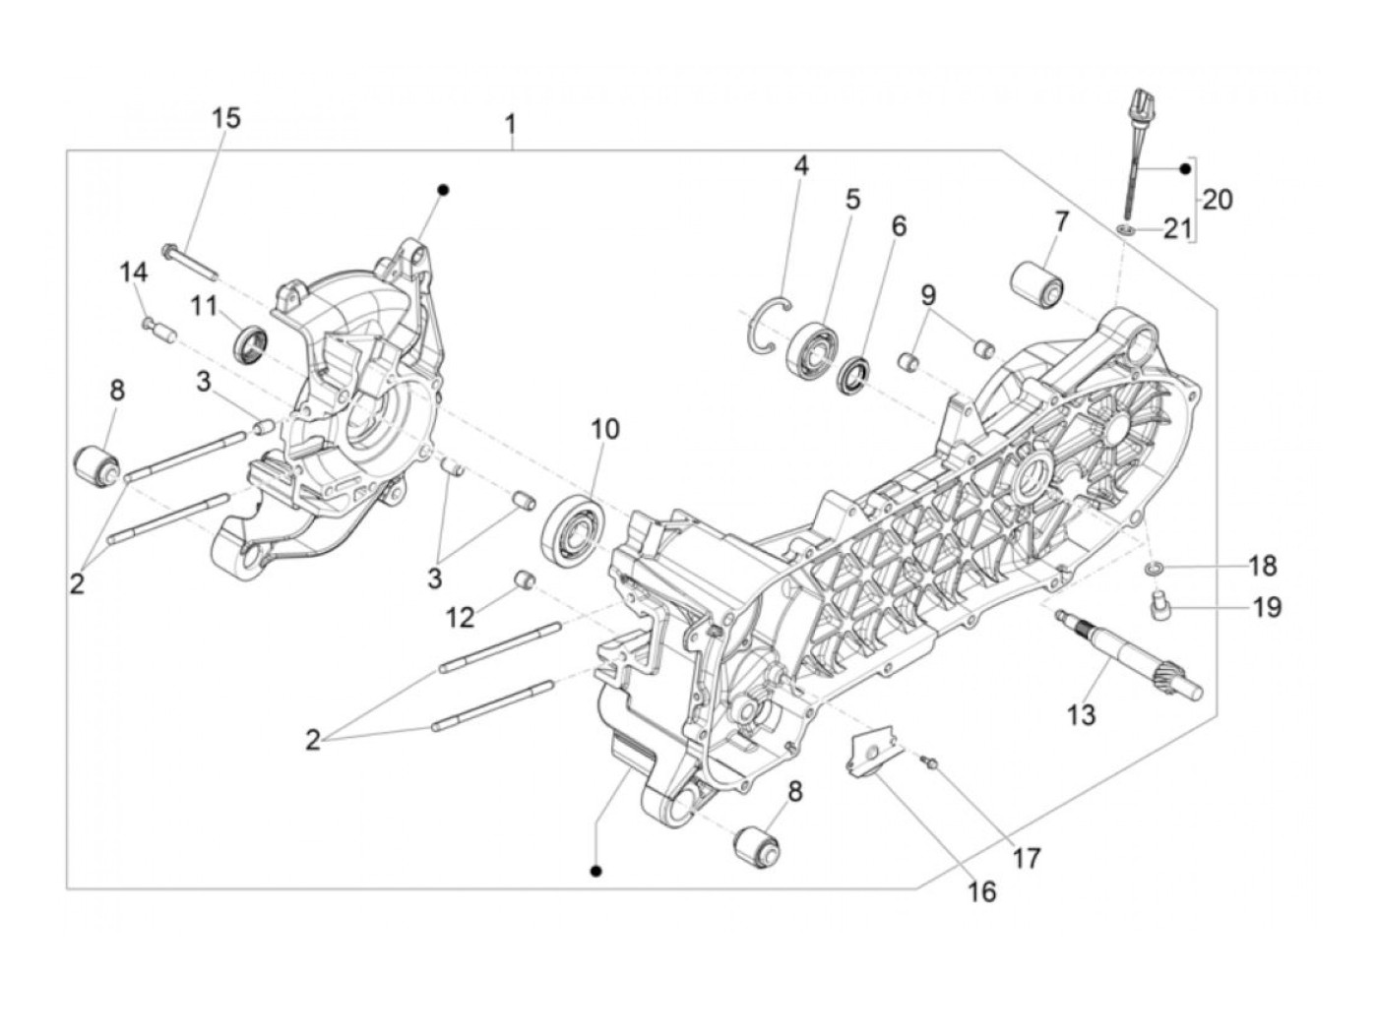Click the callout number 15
(x=225, y=119)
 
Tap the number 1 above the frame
(x=510, y=126)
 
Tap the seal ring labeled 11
(x=251, y=341)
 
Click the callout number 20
(x=1218, y=200)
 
